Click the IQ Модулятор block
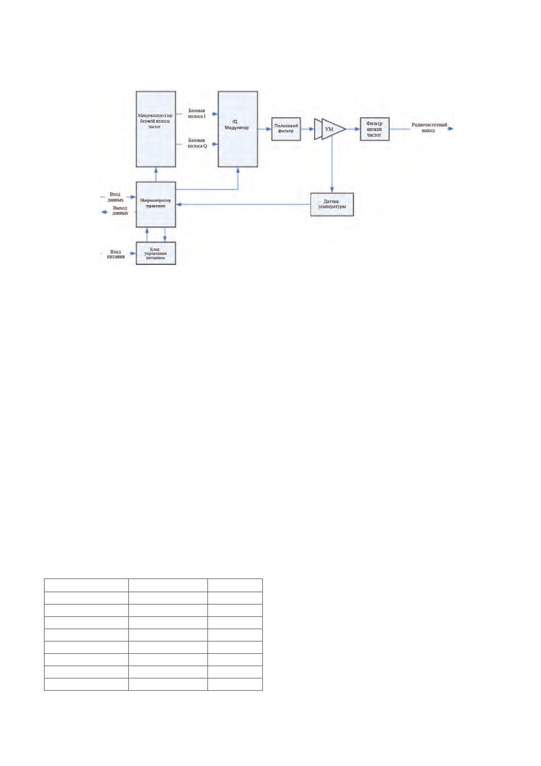238,129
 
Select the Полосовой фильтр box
286,129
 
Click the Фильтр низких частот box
374,129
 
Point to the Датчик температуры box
332,204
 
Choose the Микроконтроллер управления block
156,204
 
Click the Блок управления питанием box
156,253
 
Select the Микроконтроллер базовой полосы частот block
156,129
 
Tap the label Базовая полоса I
197,114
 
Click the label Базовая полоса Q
197,143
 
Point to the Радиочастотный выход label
429,128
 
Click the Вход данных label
115,197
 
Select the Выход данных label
120,210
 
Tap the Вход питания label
116,254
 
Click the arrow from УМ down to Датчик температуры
332,164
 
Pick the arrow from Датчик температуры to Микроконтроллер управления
243,204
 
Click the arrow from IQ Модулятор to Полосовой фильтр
264,129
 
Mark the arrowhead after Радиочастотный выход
451,129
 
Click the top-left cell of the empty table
86,585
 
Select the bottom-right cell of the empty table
235,684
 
